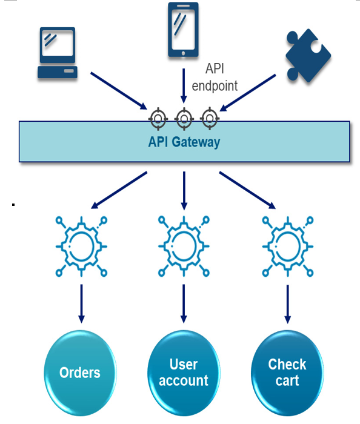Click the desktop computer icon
[x=58, y=53]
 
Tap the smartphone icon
[x=183, y=30]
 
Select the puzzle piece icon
[x=308, y=56]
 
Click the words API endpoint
[x=215, y=77]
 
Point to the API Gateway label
[x=184, y=142]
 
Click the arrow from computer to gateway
[x=119, y=91]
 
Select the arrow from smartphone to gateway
[x=184, y=86]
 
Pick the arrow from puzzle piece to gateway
[x=248, y=93]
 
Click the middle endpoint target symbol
[x=184, y=119]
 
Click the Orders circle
[x=80, y=373]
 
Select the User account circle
[x=184, y=373]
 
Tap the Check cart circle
[x=287, y=373]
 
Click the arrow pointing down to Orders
[x=81, y=303]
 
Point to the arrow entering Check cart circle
[x=288, y=304]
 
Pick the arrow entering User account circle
[x=184, y=303]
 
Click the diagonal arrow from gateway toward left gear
[x=119, y=190]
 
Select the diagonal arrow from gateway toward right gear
[x=247, y=190]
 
